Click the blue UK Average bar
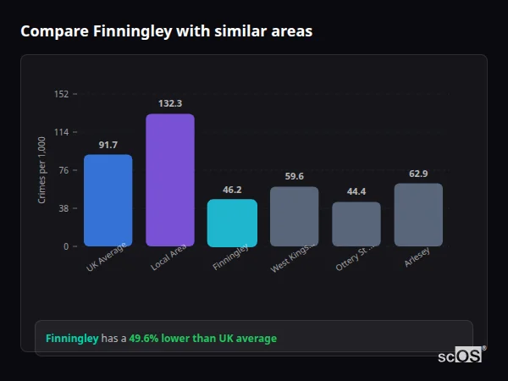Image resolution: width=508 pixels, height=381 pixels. click(108, 201)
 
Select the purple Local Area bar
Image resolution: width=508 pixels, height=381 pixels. click(170, 180)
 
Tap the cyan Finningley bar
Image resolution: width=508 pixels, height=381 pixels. click(232, 223)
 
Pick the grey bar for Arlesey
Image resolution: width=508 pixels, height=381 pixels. click(418, 215)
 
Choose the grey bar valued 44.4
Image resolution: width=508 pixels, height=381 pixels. click(356, 224)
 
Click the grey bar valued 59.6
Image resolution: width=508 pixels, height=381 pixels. click(294, 217)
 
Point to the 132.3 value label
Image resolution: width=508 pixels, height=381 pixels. click(170, 103)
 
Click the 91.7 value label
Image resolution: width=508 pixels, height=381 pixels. click(108, 145)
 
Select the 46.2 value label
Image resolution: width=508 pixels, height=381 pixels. click(232, 190)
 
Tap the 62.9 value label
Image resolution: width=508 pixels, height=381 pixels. click(418, 174)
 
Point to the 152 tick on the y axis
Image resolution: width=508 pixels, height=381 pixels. click(61, 94)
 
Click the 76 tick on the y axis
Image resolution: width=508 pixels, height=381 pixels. click(63, 170)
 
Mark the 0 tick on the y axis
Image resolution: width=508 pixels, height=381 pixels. click(65, 246)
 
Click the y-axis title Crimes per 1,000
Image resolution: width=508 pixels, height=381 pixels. click(41, 170)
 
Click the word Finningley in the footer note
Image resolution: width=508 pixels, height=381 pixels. click(72, 339)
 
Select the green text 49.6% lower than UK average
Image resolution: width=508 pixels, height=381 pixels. click(202, 339)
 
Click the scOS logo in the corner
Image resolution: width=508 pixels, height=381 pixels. click(460, 356)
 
